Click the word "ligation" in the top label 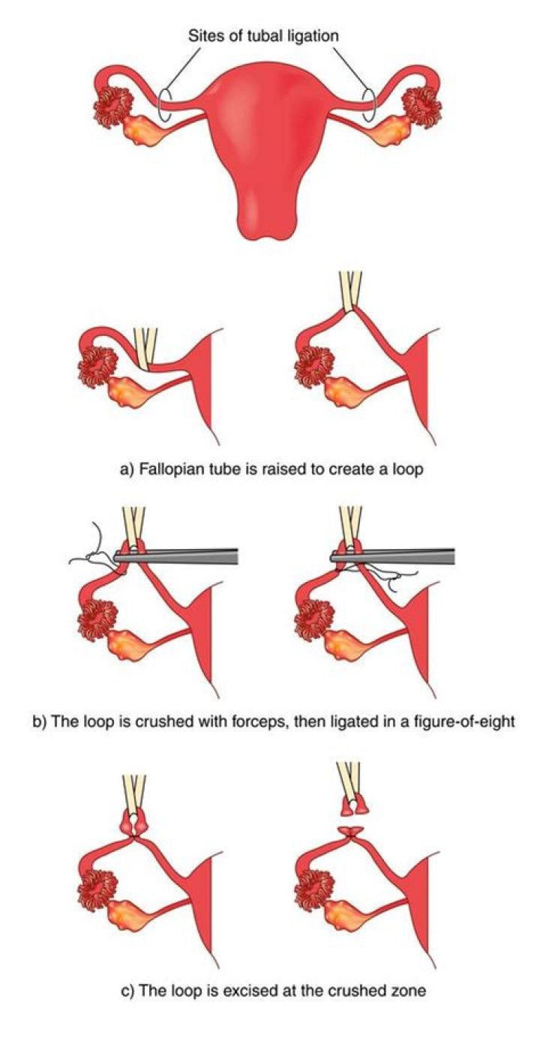click(x=311, y=36)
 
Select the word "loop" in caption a click(x=409, y=469)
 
